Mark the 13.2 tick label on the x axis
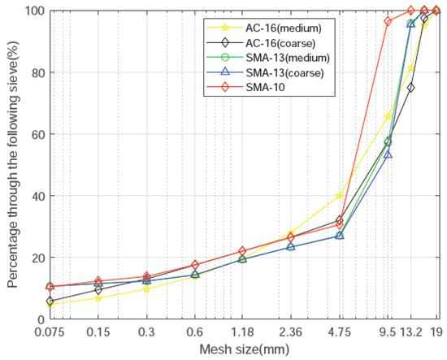[x=410, y=332]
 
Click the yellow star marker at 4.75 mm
[x=340, y=195]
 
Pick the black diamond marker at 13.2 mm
[x=410, y=87]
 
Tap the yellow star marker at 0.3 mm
[x=146, y=288]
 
